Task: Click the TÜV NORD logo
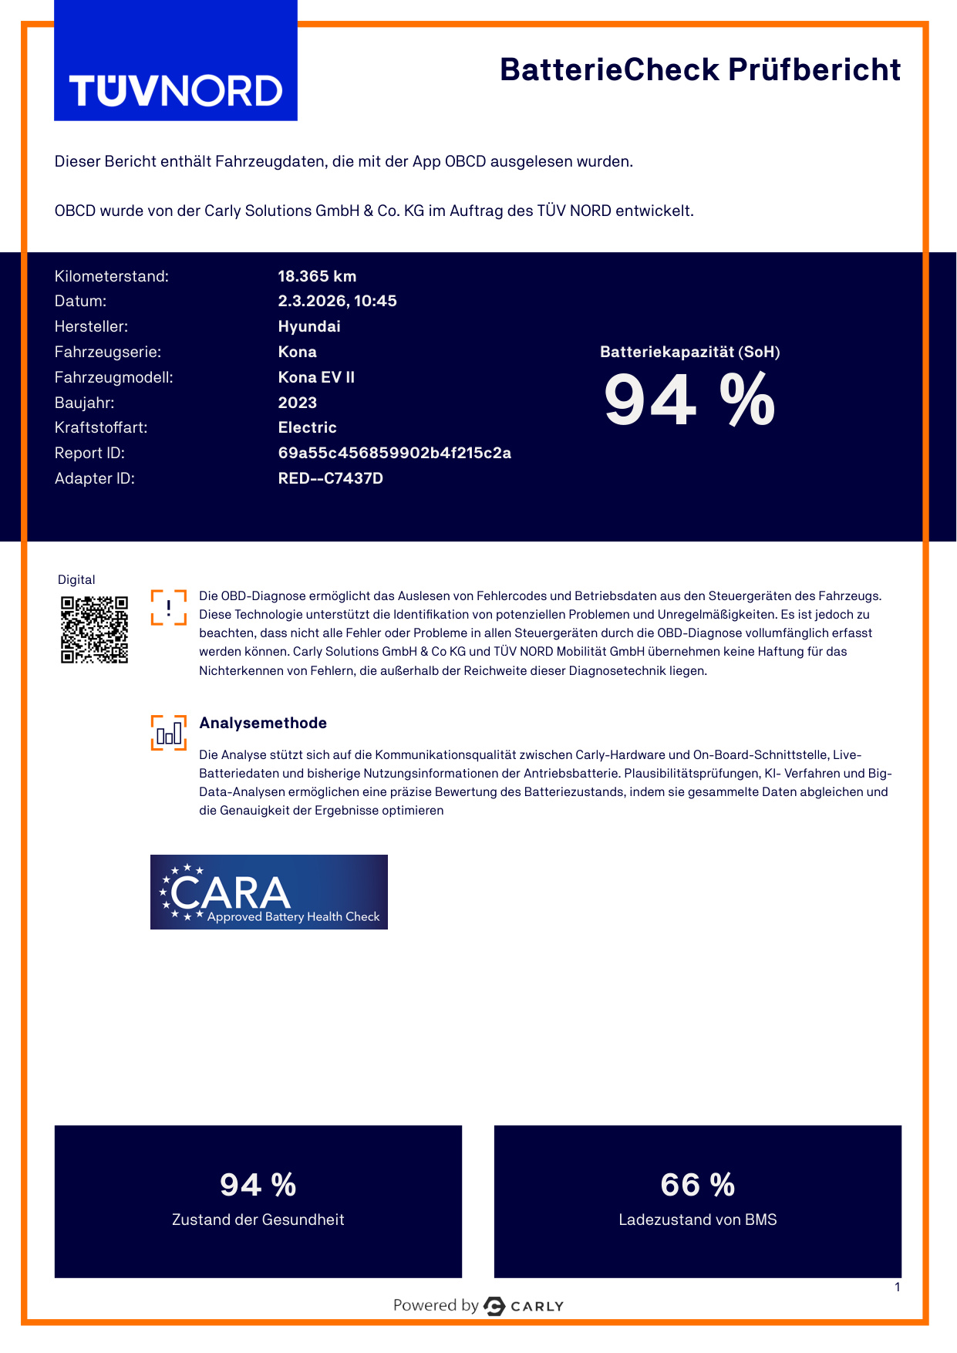pyautogui.click(x=176, y=91)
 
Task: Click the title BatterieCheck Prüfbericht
pyautogui.click(x=699, y=69)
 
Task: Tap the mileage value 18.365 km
pyautogui.click(x=317, y=276)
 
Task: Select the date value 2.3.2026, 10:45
pyautogui.click(x=337, y=301)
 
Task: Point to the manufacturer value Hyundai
pyautogui.click(x=309, y=326)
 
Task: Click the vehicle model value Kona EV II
pyautogui.click(x=316, y=377)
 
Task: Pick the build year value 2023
pyautogui.click(x=298, y=403)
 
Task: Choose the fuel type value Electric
pyautogui.click(x=307, y=427)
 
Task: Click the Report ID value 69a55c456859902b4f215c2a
pyautogui.click(x=394, y=453)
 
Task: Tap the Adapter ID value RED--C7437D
pyautogui.click(x=330, y=478)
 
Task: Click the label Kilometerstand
pyautogui.click(x=111, y=276)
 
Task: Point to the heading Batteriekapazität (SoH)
pyautogui.click(x=689, y=352)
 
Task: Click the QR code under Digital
pyautogui.click(x=94, y=629)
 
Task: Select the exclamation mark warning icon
pyautogui.click(x=169, y=607)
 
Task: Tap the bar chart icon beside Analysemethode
pyautogui.click(x=169, y=733)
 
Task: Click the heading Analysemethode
pyautogui.click(x=263, y=723)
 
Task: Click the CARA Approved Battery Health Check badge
pyautogui.click(x=268, y=892)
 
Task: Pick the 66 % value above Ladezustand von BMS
pyautogui.click(x=697, y=1185)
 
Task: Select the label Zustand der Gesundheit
pyautogui.click(x=258, y=1220)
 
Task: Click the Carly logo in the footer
pyautogui.click(x=524, y=1306)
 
